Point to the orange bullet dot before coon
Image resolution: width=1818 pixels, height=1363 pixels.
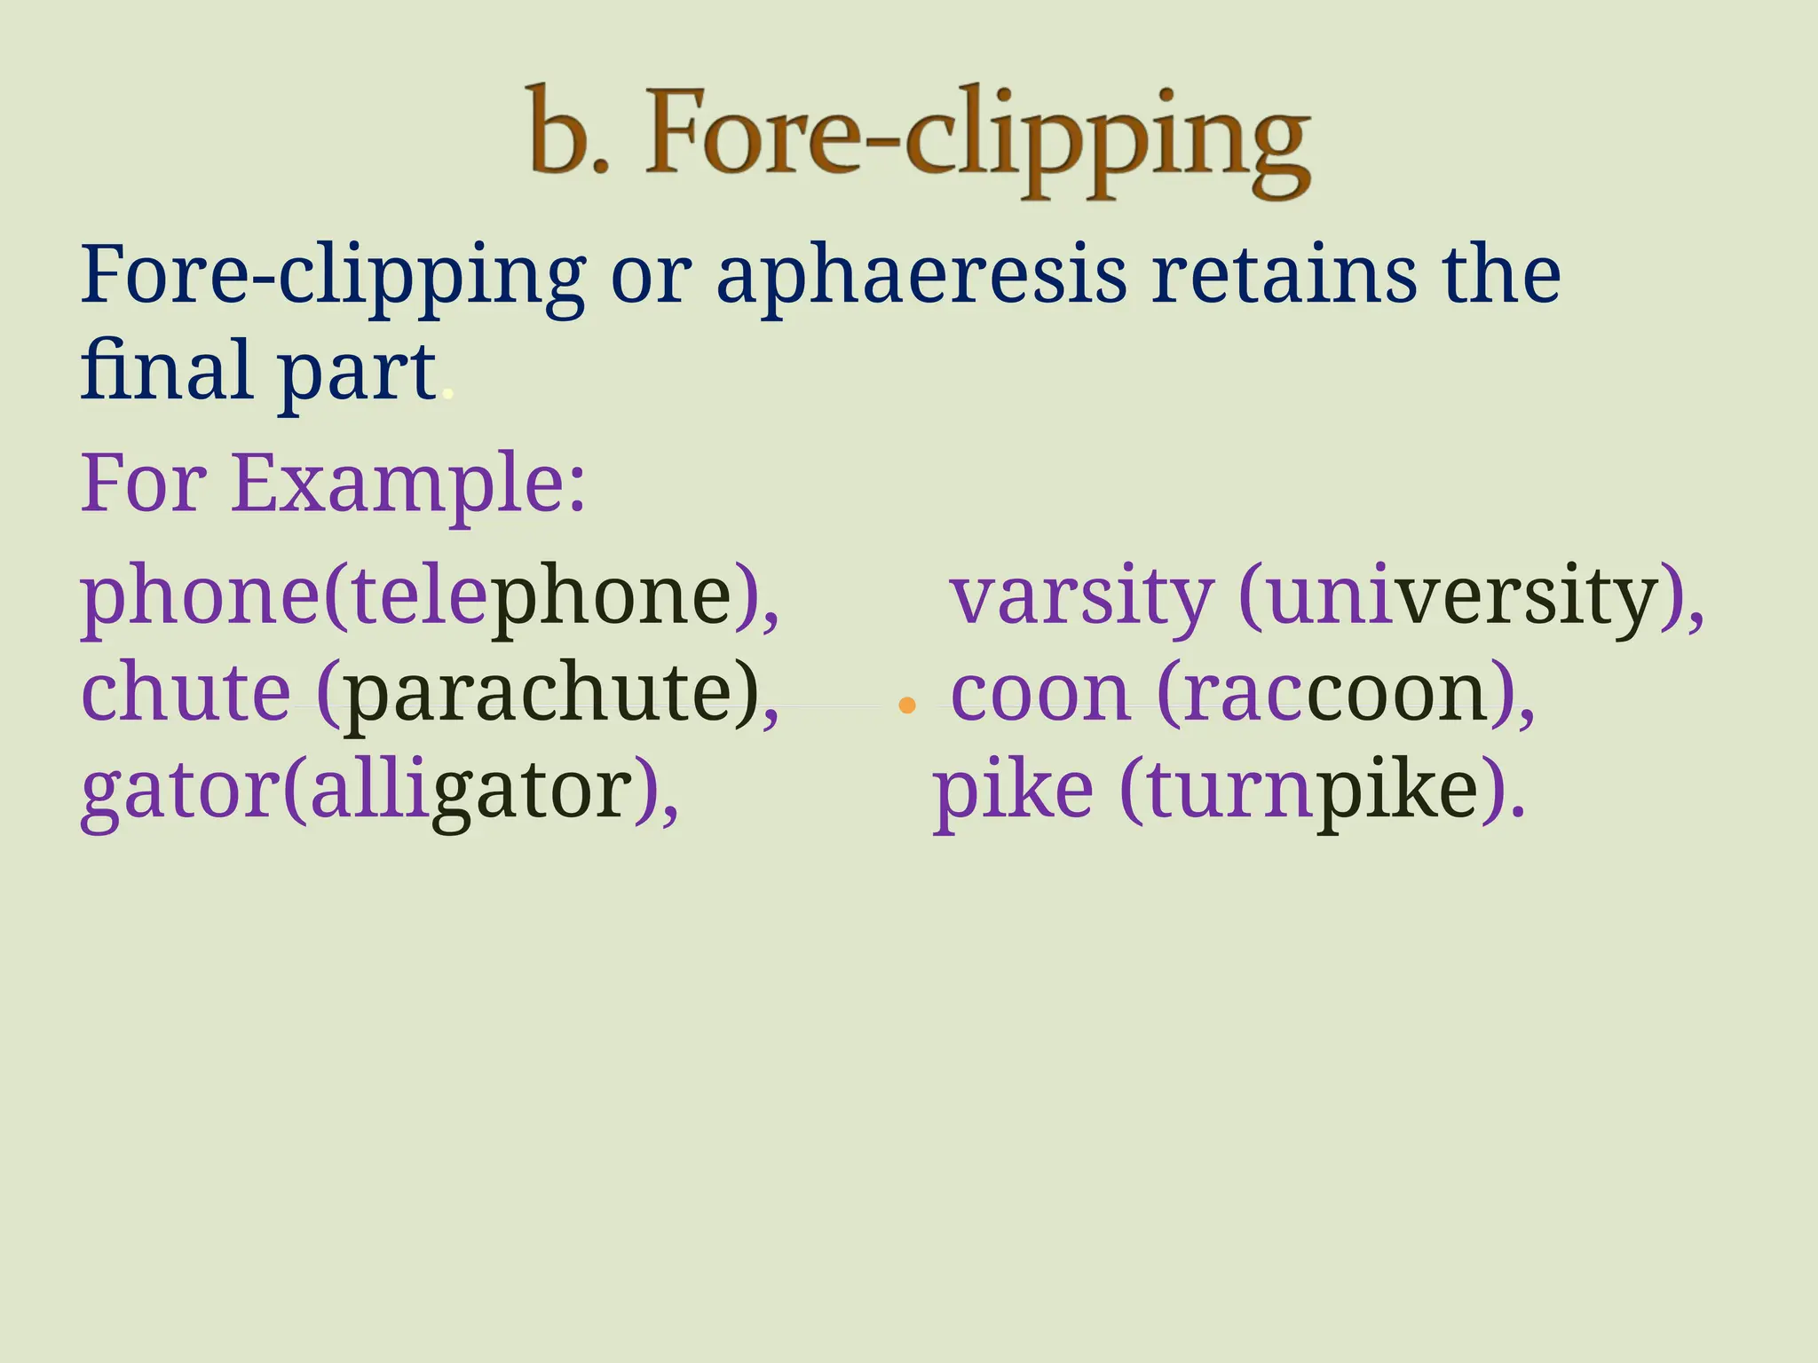tap(906, 706)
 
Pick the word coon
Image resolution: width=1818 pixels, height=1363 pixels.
tap(1040, 694)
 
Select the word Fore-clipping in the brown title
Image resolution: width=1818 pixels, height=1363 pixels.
tap(976, 138)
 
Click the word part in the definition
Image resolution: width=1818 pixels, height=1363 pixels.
tap(357, 373)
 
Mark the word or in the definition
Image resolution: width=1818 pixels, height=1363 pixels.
tap(651, 277)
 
